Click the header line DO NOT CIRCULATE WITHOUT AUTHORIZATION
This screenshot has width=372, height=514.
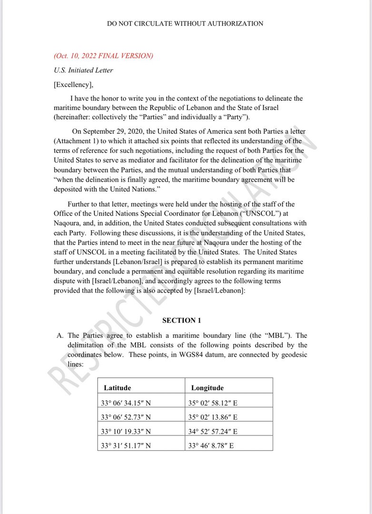[185, 23]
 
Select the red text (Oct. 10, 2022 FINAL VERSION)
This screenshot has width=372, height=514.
[103, 56]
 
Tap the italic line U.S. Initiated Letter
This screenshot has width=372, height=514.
[83, 70]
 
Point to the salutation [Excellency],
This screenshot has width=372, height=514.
[74, 85]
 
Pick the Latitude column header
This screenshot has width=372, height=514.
[117, 388]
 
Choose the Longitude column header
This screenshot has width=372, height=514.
[207, 388]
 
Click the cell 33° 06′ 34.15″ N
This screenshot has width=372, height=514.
[126, 403]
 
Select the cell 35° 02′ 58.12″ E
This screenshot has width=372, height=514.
[213, 403]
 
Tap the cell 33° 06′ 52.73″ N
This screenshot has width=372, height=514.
[126, 417]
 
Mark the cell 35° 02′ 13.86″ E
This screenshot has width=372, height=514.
[213, 417]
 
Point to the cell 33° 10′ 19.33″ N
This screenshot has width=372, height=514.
[126, 432]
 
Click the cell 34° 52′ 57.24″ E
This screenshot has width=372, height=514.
[213, 432]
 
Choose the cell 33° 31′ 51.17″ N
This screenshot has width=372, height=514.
[126, 446]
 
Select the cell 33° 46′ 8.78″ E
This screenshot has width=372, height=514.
[211, 446]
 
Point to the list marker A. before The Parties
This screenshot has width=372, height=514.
[60, 336]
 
